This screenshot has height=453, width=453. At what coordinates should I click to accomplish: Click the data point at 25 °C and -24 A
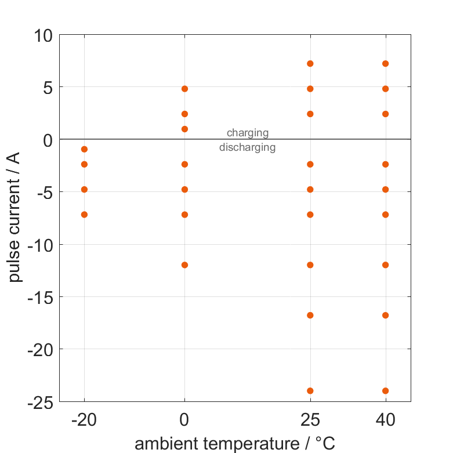coord(310,391)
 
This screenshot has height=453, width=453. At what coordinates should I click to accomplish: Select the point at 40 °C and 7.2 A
coord(386,64)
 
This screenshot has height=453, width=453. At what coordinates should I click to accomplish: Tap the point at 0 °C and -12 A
coord(184,265)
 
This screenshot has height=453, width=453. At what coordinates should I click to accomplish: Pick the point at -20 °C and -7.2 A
coord(84,215)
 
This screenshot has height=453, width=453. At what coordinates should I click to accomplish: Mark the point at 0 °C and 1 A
coord(184,129)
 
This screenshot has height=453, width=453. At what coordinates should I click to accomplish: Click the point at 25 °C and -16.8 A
coord(310,316)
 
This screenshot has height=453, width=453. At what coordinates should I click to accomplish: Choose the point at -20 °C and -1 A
coord(84,150)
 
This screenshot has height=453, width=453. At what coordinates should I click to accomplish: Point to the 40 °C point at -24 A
coord(386,391)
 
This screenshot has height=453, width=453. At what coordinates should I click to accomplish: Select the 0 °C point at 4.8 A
coord(184,89)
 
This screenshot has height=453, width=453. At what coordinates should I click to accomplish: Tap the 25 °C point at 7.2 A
coord(310,64)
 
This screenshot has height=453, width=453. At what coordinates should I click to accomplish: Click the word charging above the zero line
coord(248,133)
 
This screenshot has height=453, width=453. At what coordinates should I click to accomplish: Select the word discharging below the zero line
coord(248,147)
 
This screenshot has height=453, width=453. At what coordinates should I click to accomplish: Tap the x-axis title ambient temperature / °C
coord(235,444)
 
